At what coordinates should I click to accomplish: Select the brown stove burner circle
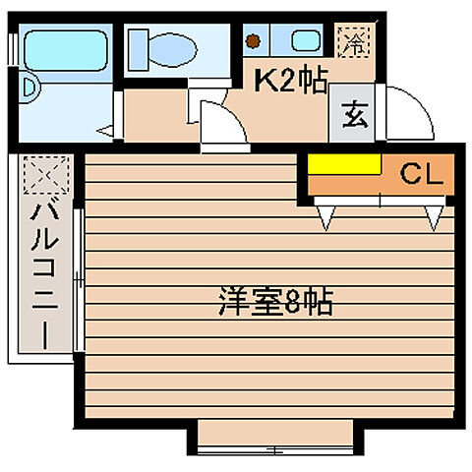256,41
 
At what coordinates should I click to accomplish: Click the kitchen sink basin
307,41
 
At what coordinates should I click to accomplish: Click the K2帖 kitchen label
291,81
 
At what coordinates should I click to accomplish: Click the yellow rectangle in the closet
344,165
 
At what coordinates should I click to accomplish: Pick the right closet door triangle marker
433,214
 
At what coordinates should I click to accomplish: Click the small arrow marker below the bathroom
105,129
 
